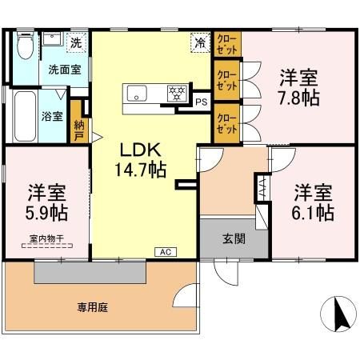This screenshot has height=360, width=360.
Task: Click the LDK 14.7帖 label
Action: pos(143,160)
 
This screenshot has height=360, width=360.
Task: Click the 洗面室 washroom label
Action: pos(64,70)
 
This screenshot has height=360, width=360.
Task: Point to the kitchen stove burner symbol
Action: pos(175,93)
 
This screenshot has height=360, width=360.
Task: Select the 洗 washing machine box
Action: pos(75,42)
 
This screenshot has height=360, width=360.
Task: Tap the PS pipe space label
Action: pos(201,102)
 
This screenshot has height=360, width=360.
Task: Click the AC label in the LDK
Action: pos(166,252)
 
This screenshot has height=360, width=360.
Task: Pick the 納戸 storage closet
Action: pos(78,125)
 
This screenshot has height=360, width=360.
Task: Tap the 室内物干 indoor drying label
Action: pos(46,237)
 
